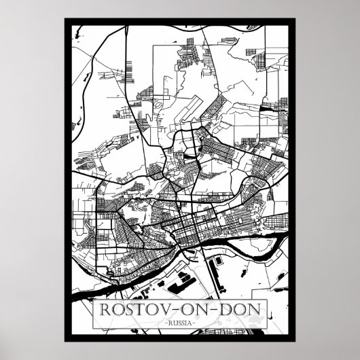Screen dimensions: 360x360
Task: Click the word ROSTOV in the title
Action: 128,307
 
